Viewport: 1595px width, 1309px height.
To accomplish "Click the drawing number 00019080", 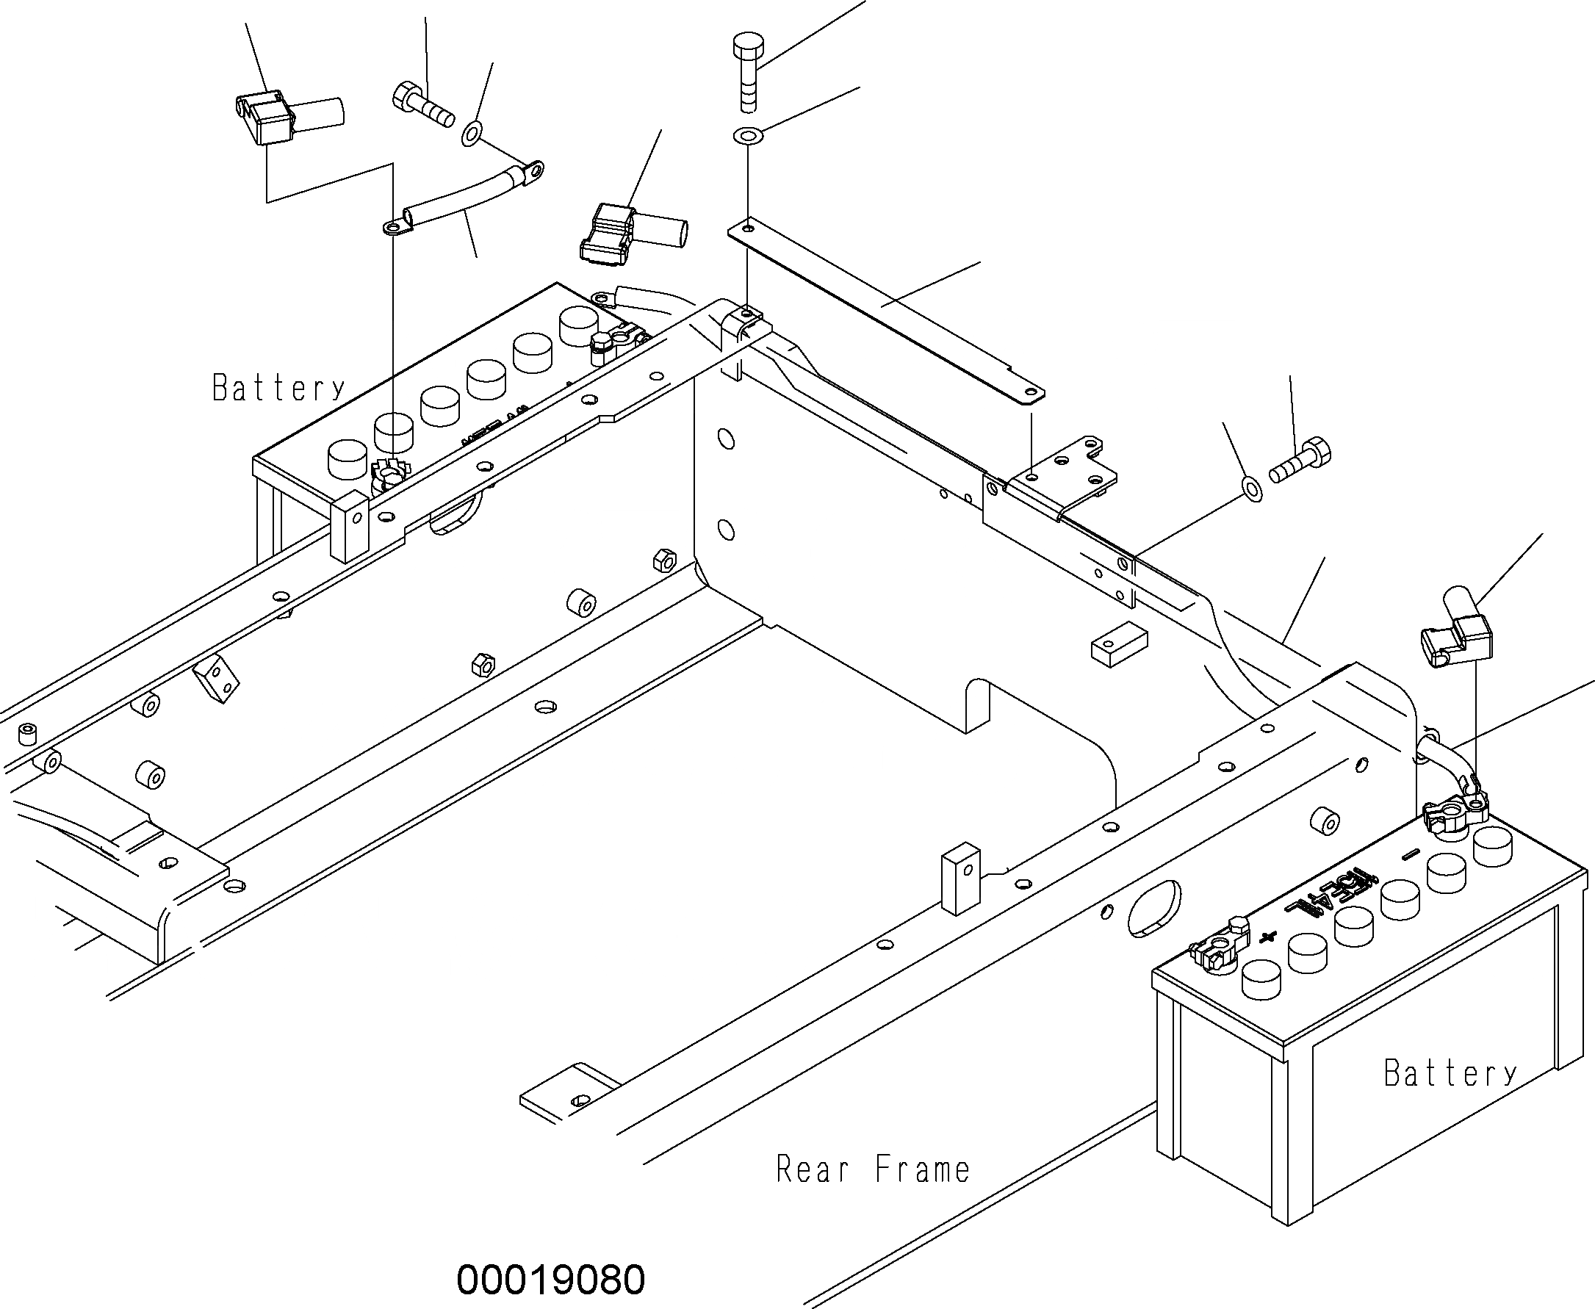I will click(x=550, y=1279).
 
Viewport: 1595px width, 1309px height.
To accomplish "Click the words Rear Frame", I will click(x=873, y=1169).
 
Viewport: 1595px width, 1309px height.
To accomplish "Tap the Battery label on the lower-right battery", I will click(x=1450, y=1073).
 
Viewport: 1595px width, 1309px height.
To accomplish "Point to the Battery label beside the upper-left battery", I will click(x=278, y=388).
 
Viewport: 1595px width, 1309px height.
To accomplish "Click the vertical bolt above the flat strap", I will click(x=747, y=72).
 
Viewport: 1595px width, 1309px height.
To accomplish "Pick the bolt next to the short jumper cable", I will click(x=423, y=107).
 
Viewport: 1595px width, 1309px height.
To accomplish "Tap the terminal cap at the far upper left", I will click(x=267, y=118).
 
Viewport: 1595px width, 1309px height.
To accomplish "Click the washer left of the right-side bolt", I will click(x=1251, y=488).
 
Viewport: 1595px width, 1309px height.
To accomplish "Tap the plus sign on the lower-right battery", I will click(x=1268, y=937).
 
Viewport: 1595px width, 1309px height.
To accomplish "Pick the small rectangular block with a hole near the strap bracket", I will click(x=1119, y=647).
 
